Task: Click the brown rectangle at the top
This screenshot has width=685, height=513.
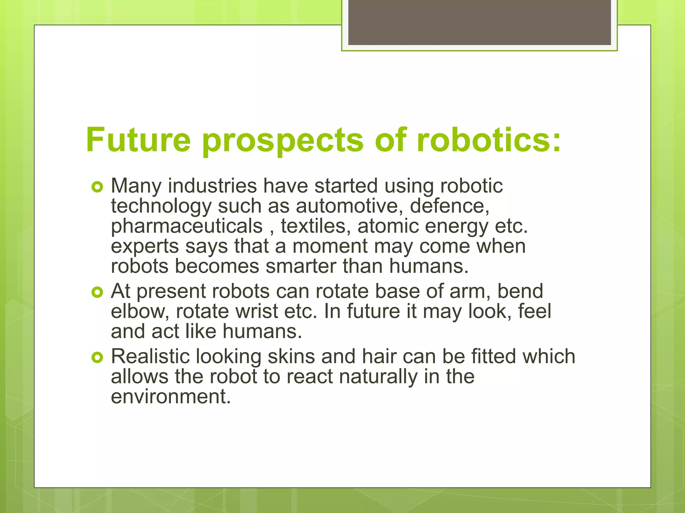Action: click(x=479, y=22)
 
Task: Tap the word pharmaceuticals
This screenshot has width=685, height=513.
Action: click(x=187, y=226)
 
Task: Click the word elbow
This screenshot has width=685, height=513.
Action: click(x=140, y=311)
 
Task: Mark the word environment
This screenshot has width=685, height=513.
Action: click(x=171, y=397)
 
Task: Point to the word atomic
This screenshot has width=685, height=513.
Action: click(x=388, y=226)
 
